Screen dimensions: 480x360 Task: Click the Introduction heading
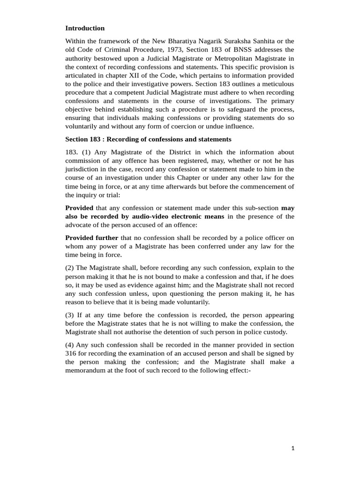tap(85, 28)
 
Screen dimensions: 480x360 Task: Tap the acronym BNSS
tap(251, 50)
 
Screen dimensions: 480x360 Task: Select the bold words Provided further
tap(91, 238)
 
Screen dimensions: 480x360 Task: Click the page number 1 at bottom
tap(293, 448)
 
